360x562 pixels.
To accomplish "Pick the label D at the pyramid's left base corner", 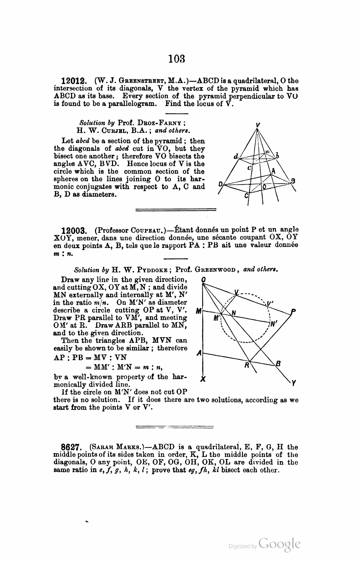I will [x=220, y=184].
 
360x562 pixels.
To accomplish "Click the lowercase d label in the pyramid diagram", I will [x=236, y=157].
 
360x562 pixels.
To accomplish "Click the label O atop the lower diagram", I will [x=203, y=280].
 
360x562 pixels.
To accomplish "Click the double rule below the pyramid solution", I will [x=175, y=210].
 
